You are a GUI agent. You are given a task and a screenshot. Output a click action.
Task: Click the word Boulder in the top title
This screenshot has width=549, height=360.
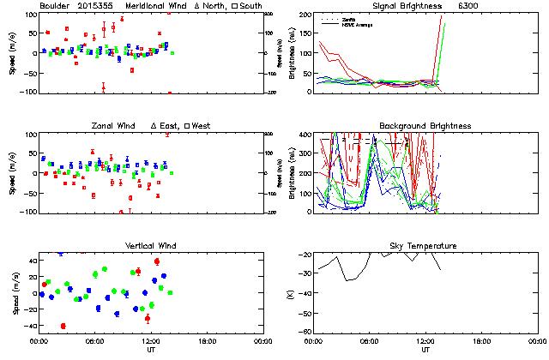56,5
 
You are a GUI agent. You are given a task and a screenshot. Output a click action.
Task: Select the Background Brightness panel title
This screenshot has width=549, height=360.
425,126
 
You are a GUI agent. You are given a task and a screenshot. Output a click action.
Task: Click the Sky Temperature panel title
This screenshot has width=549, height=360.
425,246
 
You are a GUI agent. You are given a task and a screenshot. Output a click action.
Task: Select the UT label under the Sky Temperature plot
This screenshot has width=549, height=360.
425,350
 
